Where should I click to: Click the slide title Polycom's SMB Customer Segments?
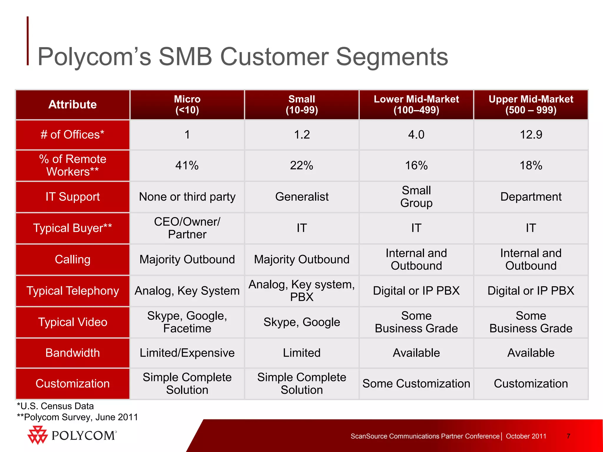[243, 56]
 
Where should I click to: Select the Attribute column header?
[72, 104]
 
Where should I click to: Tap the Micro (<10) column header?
[187, 104]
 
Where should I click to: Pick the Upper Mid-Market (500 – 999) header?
[531, 104]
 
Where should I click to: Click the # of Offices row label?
[72, 134]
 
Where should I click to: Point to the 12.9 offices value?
[531, 134]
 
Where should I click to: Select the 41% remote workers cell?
[187, 165]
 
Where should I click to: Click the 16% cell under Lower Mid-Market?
[416, 165]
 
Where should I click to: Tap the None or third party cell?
[187, 197]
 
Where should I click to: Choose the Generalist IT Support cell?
[302, 197]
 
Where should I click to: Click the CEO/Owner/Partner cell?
[187, 228]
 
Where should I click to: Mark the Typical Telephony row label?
[72, 291]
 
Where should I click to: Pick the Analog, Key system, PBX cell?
[302, 291]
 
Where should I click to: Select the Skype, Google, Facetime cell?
[187, 322]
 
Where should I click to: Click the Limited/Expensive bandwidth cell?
[187, 353]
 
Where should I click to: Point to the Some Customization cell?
[416, 383]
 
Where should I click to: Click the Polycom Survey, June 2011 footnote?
[78, 417]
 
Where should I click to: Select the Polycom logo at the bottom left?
[72, 435]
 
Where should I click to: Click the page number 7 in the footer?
[569, 436]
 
